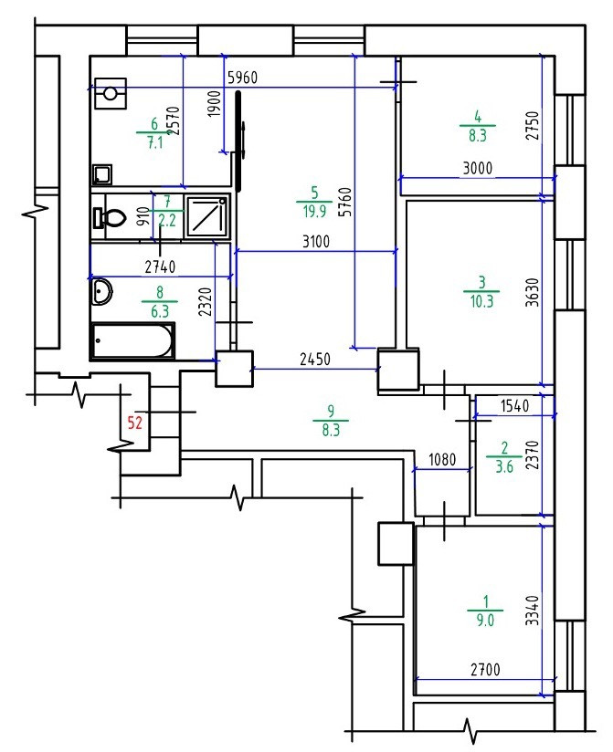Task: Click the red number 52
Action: click(135, 423)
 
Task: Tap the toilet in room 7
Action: click(110, 218)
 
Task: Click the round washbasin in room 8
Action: click(102, 292)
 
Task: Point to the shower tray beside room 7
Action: click(208, 218)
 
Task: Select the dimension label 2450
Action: click(315, 360)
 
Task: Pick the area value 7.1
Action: click(153, 143)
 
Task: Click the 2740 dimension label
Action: click(146, 266)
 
